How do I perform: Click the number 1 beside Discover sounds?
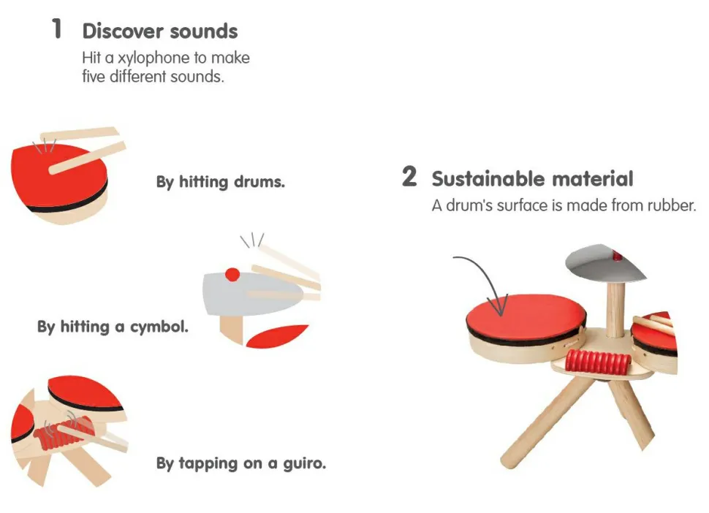(x=57, y=28)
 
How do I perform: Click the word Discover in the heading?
(x=123, y=31)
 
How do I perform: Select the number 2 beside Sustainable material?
(x=409, y=176)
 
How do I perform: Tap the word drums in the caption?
(x=259, y=182)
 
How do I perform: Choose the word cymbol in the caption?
(x=159, y=327)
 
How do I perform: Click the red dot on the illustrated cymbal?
(x=232, y=274)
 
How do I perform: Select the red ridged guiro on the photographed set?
(x=598, y=362)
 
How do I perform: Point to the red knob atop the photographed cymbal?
(x=617, y=256)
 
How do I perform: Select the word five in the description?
(x=94, y=77)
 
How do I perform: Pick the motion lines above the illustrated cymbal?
(x=252, y=240)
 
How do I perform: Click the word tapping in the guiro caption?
(x=208, y=464)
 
